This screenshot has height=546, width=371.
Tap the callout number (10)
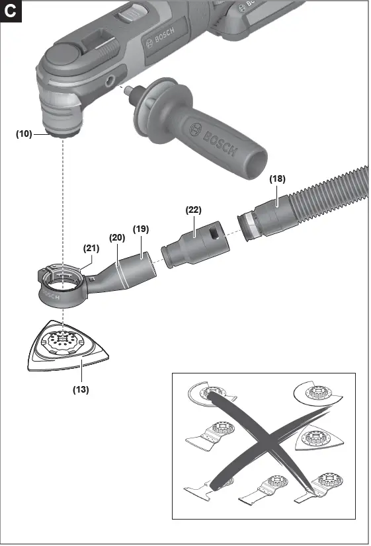coord(24,134)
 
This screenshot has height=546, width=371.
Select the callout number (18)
coord(278,178)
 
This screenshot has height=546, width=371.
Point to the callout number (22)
coord(193,210)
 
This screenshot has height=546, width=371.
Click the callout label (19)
coord(140,229)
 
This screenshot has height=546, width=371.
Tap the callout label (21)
coord(91,249)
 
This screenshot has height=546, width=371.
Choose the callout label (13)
coord(81,389)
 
